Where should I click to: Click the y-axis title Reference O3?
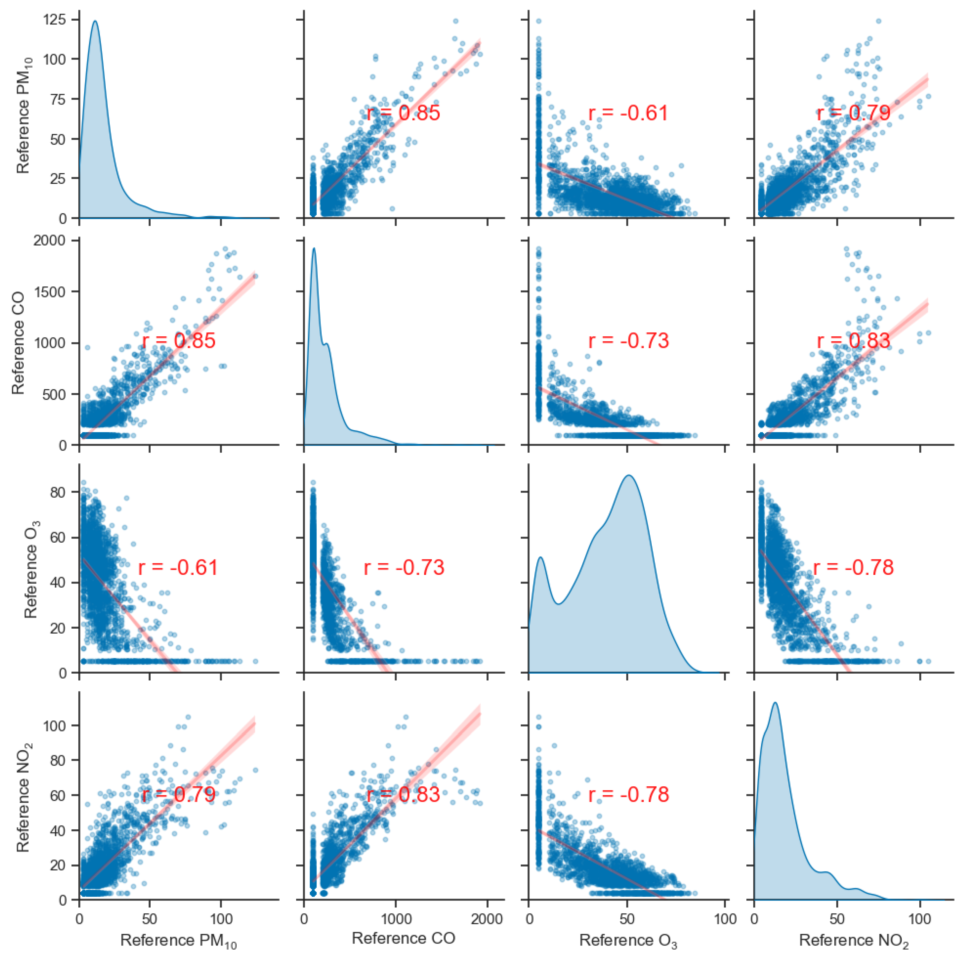click(x=31, y=568)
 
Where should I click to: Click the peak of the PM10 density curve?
click(x=95, y=21)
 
